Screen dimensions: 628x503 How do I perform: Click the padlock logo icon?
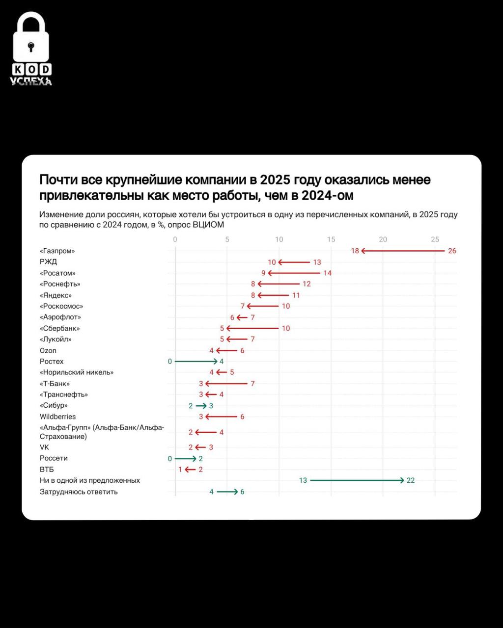click(31, 39)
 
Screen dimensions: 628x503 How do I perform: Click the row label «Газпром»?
click(57, 251)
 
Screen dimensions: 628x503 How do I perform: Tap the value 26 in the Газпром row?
click(452, 251)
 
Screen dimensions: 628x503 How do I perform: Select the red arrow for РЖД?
click(294, 262)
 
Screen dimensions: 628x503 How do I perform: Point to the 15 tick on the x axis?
click(331, 239)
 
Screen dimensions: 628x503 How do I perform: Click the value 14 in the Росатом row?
click(327, 273)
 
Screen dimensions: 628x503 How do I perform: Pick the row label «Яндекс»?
click(56, 295)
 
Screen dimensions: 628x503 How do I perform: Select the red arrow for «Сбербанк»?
click(252, 328)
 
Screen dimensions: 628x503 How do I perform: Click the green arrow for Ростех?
click(196, 362)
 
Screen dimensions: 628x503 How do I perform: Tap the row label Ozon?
click(48, 351)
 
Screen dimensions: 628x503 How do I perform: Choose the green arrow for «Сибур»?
click(201, 406)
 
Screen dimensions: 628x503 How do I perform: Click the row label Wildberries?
click(58, 417)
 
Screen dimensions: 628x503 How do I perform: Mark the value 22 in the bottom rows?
click(411, 480)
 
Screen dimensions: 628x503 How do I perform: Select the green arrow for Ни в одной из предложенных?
click(357, 480)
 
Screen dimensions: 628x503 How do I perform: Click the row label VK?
click(45, 447)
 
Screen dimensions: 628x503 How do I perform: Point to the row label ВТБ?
click(47, 470)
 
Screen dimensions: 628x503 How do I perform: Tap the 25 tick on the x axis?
click(435, 239)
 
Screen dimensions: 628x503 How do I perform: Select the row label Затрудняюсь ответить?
click(79, 492)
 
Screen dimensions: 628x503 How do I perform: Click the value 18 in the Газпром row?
click(355, 251)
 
